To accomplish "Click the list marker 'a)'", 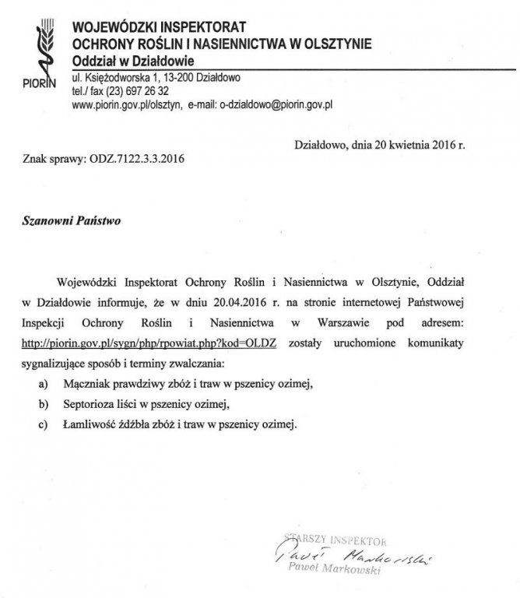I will point(42,384).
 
